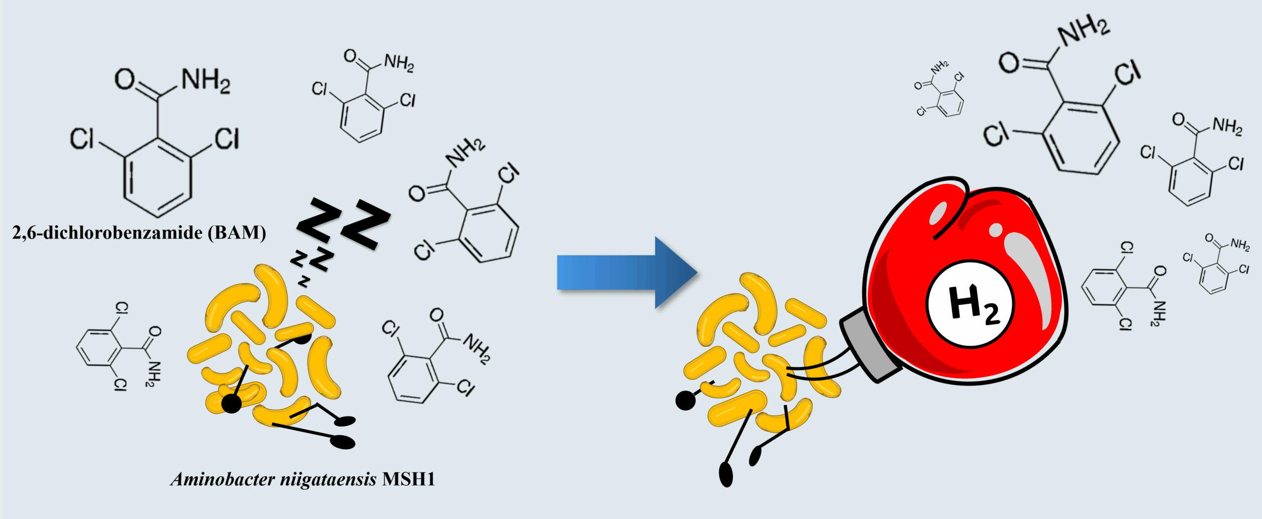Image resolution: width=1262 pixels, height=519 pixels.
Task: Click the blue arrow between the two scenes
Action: [x=626, y=273]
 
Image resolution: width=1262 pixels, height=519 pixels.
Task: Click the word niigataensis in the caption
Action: [x=328, y=479]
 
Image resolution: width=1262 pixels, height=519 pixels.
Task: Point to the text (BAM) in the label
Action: [x=237, y=232]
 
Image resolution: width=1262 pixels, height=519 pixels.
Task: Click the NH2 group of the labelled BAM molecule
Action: [x=206, y=81]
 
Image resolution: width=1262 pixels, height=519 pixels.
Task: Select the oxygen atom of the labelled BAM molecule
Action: [x=124, y=79]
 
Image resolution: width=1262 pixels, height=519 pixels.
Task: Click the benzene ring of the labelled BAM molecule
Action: [x=157, y=177]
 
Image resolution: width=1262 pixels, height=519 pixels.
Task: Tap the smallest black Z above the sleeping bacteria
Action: [x=304, y=281]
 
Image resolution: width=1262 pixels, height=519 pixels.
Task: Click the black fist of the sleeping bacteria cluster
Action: [x=231, y=404]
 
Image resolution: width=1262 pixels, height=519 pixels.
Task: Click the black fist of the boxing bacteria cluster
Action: [x=685, y=401]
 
